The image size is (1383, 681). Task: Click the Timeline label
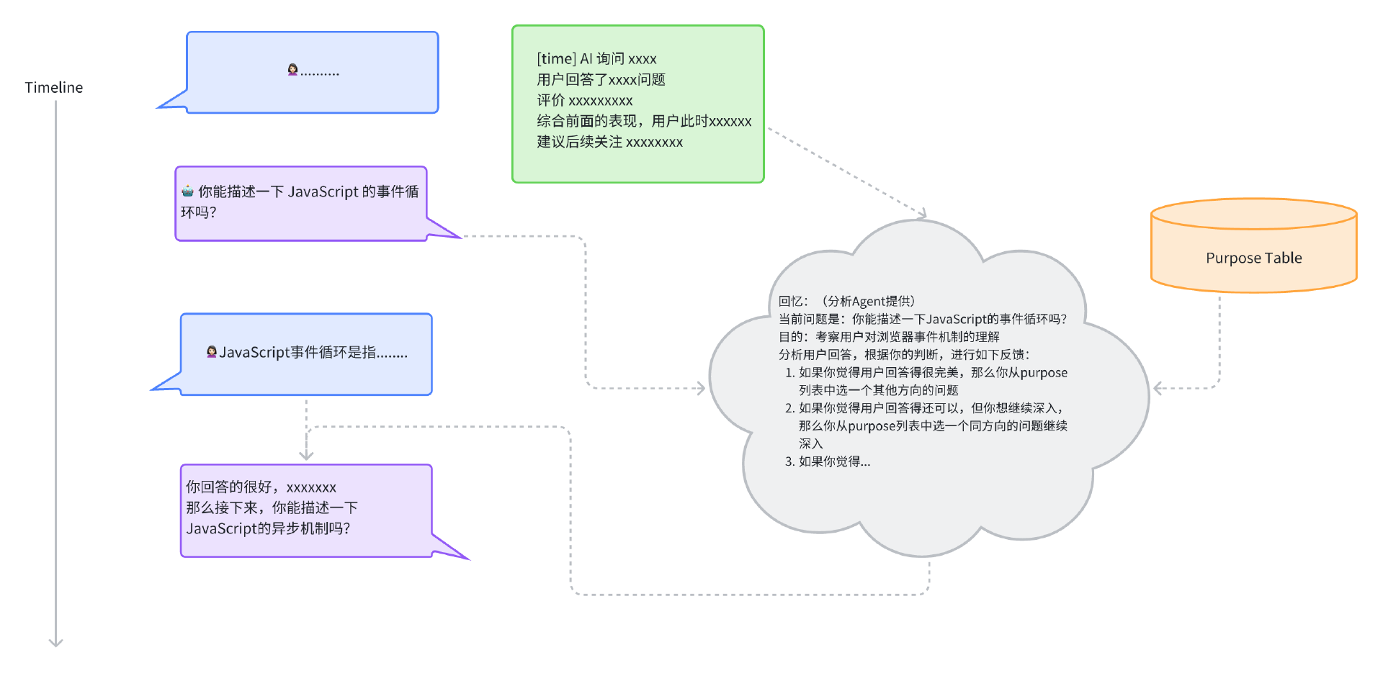[x=54, y=88]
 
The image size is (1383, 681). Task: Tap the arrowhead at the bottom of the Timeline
[x=56, y=641]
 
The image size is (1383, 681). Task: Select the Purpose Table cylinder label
[x=1253, y=258]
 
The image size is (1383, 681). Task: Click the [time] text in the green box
[x=556, y=59]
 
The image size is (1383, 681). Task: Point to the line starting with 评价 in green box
[x=584, y=101]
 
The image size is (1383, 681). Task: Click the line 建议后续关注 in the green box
[x=609, y=143]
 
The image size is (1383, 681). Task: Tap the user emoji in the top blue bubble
[x=292, y=70]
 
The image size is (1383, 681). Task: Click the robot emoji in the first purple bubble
[x=188, y=191]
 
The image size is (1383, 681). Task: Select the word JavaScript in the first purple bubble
[x=323, y=191]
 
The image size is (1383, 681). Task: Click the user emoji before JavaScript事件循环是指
[x=212, y=352]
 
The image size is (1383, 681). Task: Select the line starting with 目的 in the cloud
[x=889, y=337]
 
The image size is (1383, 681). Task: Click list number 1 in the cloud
[x=789, y=373]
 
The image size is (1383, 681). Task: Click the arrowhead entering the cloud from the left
[x=701, y=389]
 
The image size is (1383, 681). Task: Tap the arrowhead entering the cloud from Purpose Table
[x=1158, y=389]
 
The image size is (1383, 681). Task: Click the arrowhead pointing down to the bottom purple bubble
[x=306, y=455]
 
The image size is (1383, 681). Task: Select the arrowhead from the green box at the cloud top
[x=922, y=213]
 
